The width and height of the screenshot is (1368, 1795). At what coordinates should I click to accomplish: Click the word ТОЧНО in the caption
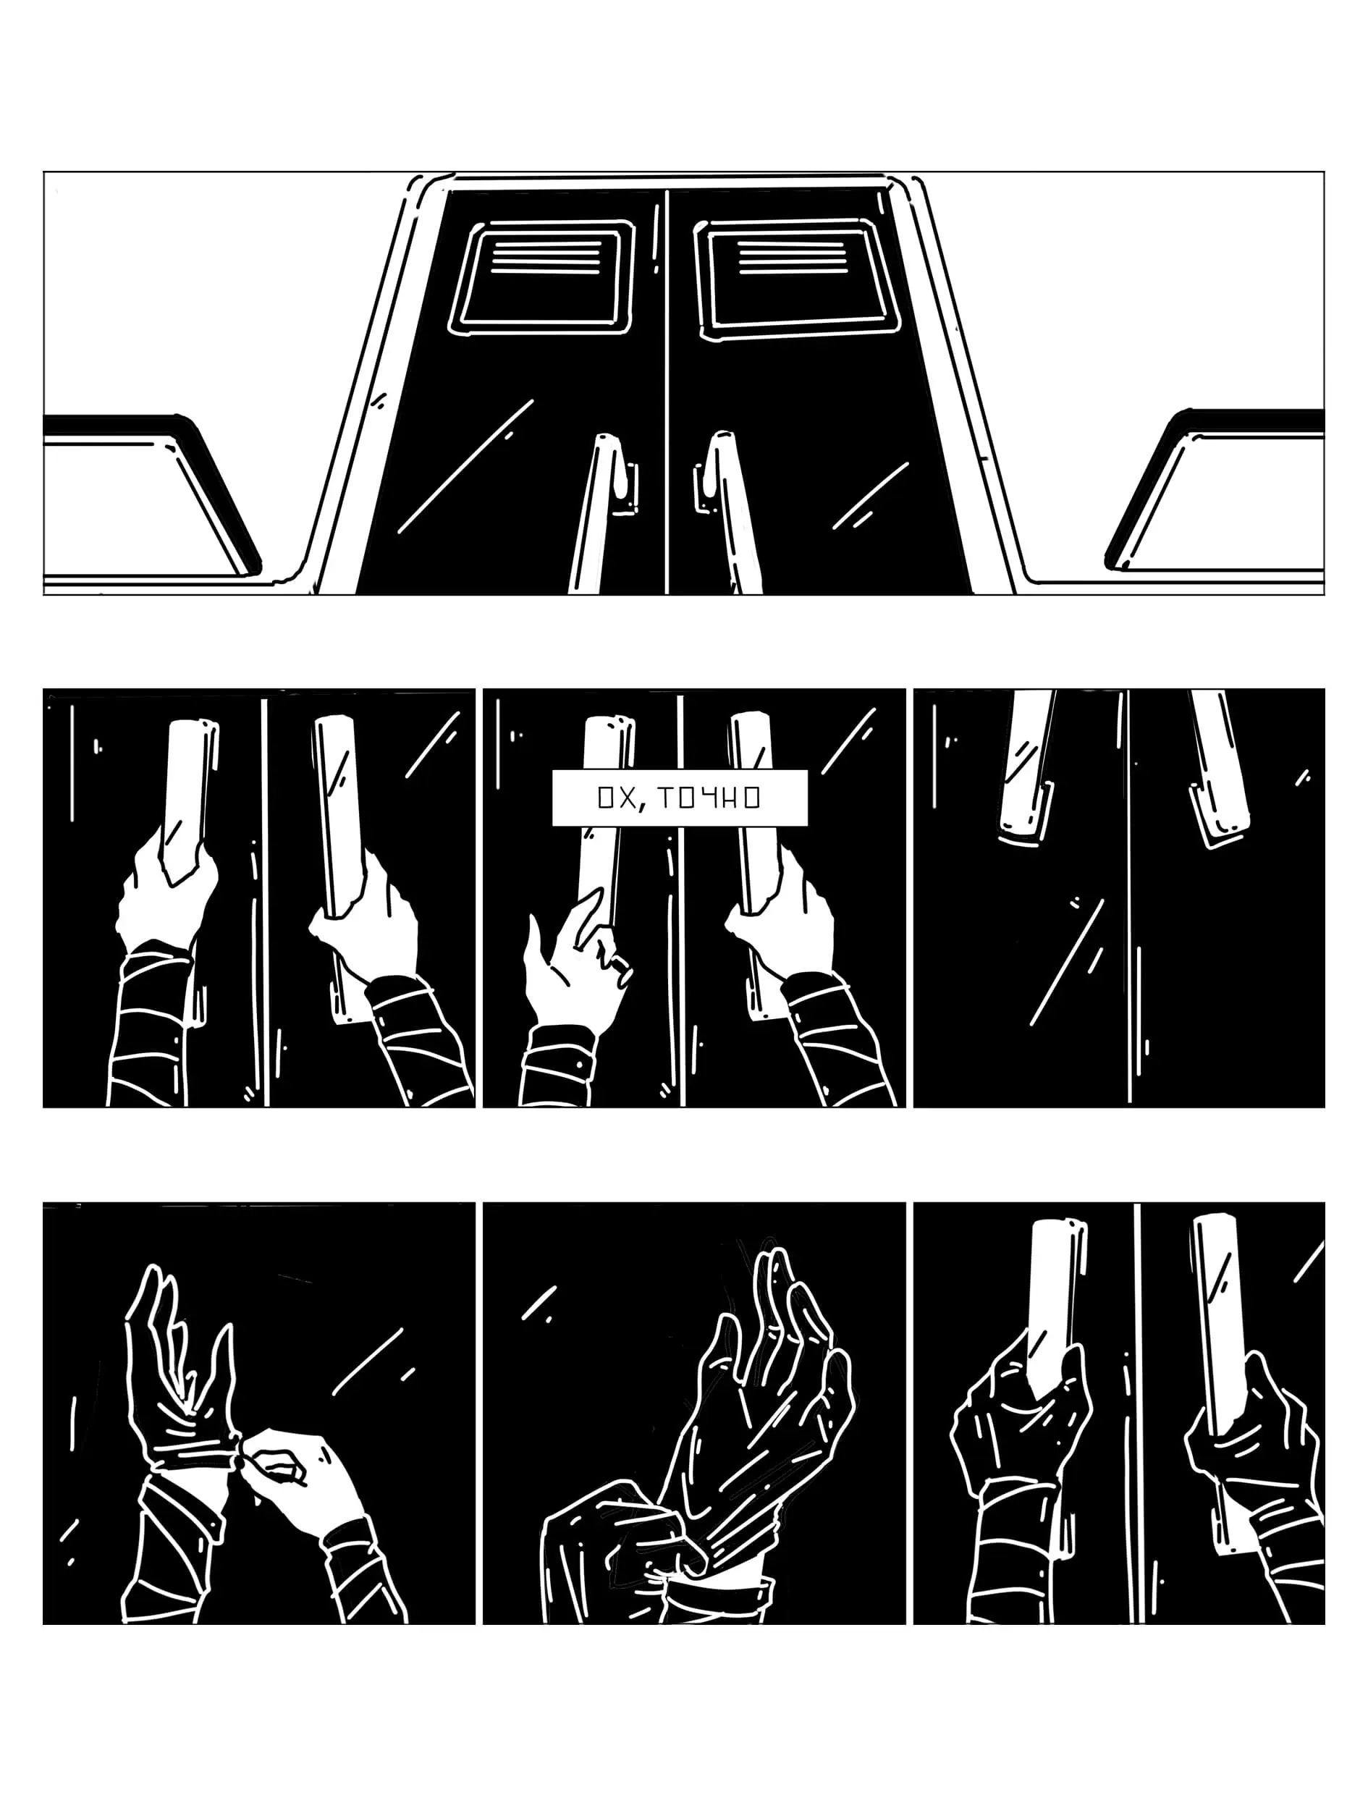click(x=709, y=798)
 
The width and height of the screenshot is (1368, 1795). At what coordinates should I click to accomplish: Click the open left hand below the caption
click(x=570, y=960)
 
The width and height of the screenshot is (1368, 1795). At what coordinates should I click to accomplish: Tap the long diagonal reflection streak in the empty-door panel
click(x=1068, y=961)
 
